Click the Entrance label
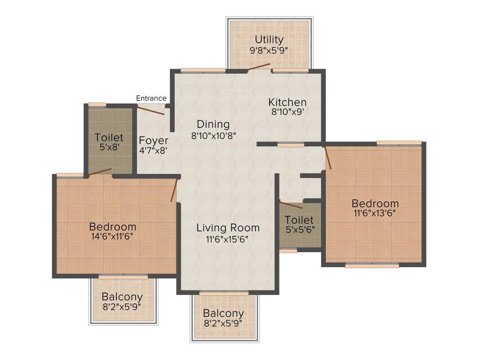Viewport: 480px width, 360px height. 151,98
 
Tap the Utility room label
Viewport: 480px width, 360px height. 269,39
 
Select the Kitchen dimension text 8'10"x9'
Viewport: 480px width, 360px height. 287,112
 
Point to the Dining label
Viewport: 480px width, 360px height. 213,124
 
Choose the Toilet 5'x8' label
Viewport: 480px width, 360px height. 109,138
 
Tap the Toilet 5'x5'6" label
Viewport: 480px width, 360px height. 300,220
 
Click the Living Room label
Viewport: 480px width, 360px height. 228,228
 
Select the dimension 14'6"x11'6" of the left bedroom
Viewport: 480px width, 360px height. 112,237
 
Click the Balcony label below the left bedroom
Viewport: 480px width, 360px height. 122,297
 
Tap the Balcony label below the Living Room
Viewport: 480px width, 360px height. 223,313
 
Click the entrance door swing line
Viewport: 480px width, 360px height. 150,110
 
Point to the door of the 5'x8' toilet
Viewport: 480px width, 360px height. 100,172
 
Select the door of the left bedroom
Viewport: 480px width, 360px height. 174,190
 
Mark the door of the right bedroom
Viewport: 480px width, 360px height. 328,157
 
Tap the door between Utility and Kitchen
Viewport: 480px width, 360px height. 259,66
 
